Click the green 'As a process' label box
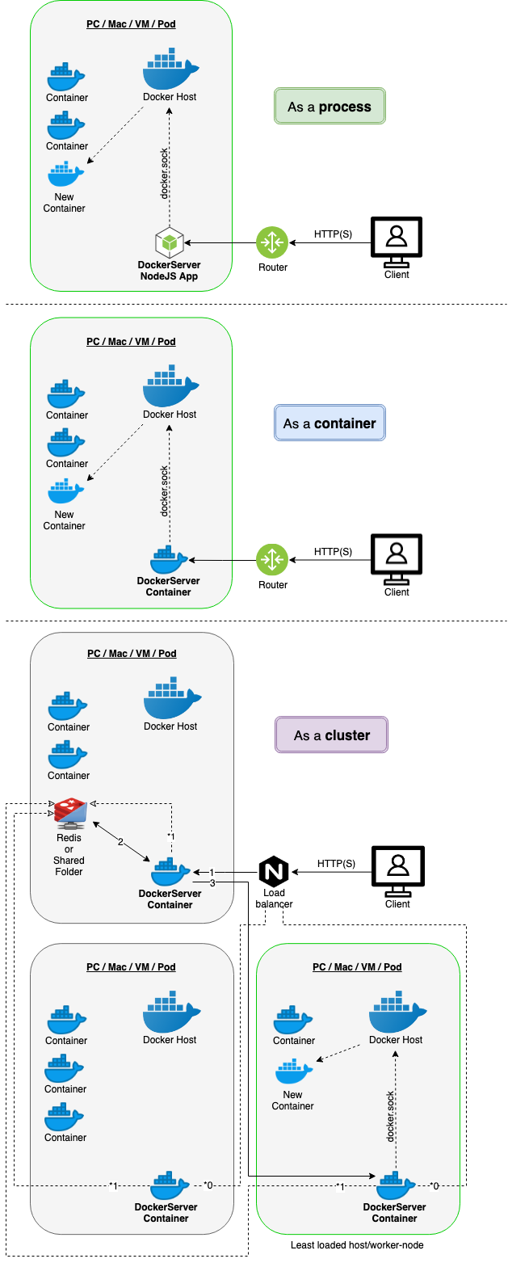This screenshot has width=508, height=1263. [x=330, y=107]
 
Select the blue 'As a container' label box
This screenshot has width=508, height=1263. [x=330, y=423]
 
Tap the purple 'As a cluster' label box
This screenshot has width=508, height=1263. [x=331, y=735]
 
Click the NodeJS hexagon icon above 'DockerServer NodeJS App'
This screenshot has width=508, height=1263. [x=170, y=242]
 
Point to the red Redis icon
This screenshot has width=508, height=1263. [x=71, y=813]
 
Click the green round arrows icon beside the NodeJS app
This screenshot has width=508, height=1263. [x=272, y=242]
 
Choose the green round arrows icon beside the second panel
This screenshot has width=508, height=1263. [x=272, y=559]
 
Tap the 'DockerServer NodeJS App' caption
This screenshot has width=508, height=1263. [x=170, y=271]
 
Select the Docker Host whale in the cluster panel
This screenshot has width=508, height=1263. [x=170, y=697]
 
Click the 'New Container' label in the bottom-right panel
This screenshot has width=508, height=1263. [x=292, y=1101]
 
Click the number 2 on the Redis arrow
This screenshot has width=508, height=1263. [x=120, y=843]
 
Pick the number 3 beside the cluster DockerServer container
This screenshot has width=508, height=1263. [x=212, y=883]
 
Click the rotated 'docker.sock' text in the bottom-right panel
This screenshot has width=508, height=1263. [x=391, y=1115]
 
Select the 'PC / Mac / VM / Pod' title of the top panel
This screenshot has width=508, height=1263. [x=131, y=24]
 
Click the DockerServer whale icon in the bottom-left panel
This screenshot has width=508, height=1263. [x=170, y=1185]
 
